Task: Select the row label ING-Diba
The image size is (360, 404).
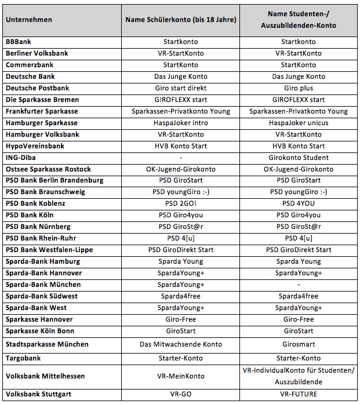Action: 22,158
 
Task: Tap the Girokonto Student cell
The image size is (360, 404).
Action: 299,158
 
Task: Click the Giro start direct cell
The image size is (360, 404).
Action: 181,88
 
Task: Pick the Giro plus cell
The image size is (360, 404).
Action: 299,88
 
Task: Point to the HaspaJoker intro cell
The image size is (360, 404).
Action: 181,123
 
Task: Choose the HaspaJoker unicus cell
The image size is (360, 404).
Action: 299,123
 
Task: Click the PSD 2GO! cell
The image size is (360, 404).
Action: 181,204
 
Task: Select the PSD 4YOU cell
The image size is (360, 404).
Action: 299,204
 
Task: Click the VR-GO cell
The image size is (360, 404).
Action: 181,394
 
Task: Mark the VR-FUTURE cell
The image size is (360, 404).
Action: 299,394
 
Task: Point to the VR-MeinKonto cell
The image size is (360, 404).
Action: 181,376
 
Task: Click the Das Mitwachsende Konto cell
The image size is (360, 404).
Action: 181,344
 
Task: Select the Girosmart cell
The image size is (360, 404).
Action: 299,344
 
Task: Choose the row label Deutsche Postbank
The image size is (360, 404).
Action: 37,88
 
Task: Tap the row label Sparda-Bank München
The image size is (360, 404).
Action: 43,285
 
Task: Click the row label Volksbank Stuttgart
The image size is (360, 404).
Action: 41,394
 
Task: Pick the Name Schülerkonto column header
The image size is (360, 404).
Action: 181,20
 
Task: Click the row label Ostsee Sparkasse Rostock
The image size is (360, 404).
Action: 48,169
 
